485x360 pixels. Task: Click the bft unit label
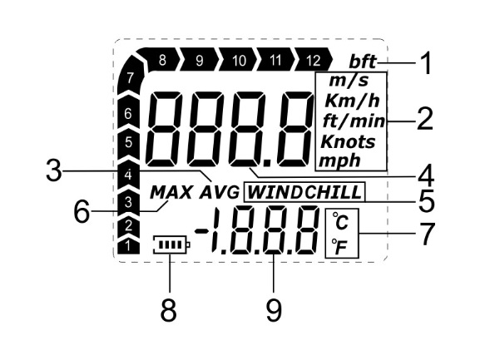click(363, 62)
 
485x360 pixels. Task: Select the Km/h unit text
click(352, 101)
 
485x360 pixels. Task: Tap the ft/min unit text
click(354, 121)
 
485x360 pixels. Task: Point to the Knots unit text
click(348, 141)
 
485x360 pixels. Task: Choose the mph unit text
click(339, 161)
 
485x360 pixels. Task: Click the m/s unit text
click(349, 81)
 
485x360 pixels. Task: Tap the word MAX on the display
click(171, 193)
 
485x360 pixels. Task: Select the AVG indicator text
click(220, 193)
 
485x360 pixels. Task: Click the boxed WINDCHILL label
click(304, 192)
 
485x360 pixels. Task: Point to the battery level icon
click(171, 244)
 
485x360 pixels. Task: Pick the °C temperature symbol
click(340, 221)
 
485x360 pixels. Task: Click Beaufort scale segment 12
click(313, 59)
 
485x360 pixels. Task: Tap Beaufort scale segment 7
click(131, 76)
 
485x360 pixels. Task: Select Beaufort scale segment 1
click(128, 246)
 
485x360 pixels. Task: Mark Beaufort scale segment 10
click(238, 59)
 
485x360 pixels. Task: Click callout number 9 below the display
click(274, 310)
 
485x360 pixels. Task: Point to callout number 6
click(82, 211)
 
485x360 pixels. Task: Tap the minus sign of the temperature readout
click(201, 230)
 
